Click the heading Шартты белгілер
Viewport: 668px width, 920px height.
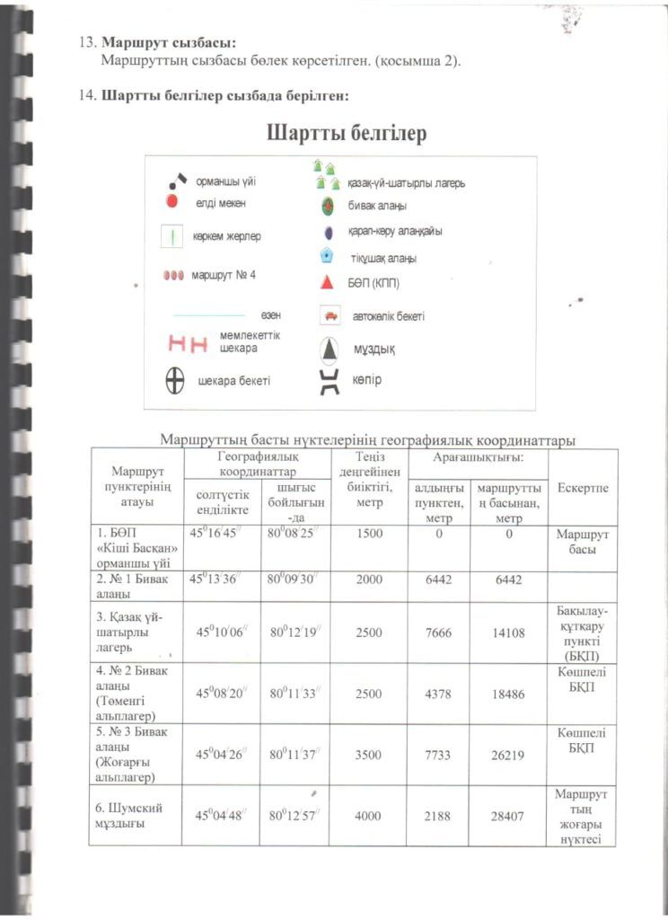point(346,134)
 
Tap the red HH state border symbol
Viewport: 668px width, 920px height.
point(189,342)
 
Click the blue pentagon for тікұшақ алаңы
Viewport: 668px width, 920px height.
point(329,256)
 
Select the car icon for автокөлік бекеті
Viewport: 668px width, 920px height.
point(330,316)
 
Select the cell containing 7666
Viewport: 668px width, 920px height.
point(438,633)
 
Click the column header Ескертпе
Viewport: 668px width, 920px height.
point(583,488)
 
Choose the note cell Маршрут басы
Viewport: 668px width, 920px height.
point(583,541)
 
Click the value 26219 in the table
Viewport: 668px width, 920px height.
point(508,756)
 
